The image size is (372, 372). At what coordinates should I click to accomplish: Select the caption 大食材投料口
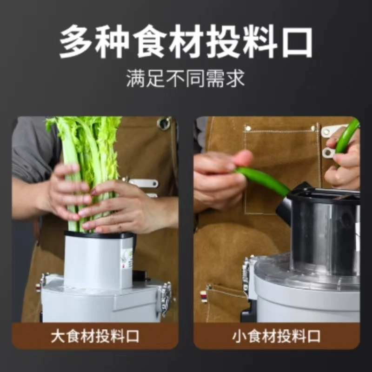95,336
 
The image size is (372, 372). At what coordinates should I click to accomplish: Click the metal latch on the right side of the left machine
165,298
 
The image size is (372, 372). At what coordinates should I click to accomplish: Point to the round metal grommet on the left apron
164,123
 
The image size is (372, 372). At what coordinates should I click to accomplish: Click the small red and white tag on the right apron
203,296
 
